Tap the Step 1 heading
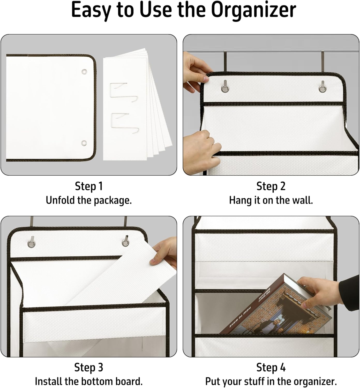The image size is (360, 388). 89,186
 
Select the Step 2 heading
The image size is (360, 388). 271,186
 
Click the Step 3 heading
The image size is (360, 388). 89,367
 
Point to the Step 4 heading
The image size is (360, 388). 271,367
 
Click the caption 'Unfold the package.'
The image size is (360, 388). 89,200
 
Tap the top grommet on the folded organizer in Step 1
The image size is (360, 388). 84,72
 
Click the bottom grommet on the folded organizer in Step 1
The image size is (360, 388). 84,143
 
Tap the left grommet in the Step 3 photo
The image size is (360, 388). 31,243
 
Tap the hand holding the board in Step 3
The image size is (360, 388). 164,252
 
